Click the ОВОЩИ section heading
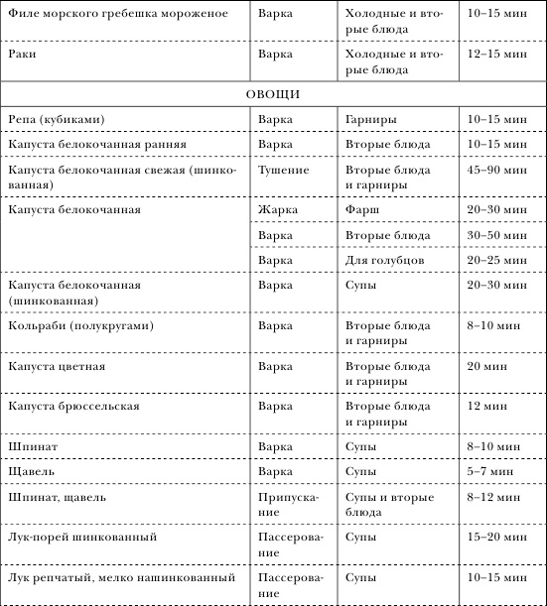(273, 94)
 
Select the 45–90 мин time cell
(493, 171)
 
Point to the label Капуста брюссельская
(73, 407)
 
